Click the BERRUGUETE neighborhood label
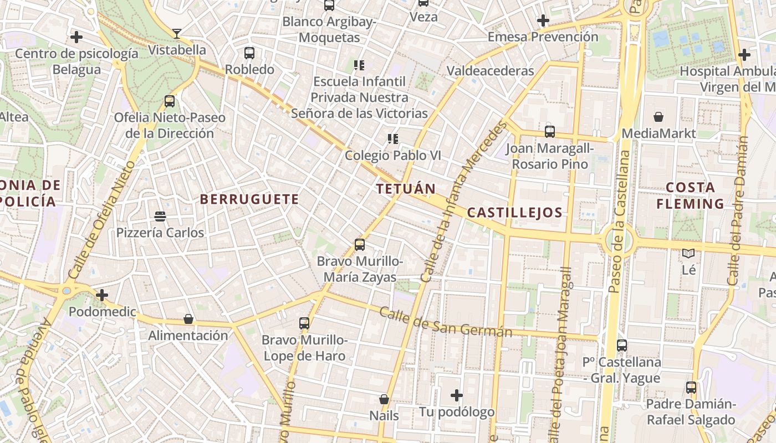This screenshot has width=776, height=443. click(249, 199)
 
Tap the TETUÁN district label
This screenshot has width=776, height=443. click(406, 189)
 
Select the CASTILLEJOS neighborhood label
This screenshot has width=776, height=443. click(514, 213)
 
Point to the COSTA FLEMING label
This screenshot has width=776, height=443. click(690, 195)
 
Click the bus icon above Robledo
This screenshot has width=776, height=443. click(249, 53)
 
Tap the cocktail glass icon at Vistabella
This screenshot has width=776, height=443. click(176, 34)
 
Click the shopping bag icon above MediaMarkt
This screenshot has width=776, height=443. click(658, 117)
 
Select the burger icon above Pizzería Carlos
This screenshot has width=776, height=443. click(160, 216)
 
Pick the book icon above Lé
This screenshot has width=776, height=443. click(688, 254)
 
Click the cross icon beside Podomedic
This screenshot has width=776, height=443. click(102, 295)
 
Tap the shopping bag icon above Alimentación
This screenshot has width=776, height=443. click(188, 319)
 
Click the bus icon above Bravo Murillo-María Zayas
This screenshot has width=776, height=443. click(360, 244)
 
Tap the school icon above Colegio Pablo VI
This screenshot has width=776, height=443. click(393, 138)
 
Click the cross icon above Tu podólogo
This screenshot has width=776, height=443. click(457, 395)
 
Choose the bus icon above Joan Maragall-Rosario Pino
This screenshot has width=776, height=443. click(549, 132)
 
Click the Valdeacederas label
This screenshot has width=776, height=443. click(490, 71)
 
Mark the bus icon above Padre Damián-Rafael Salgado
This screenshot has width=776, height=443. click(691, 388)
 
